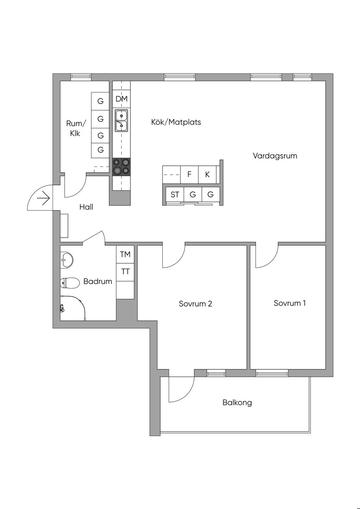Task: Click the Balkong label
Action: [x=237, y=402]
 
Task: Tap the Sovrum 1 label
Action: [x=290, y=303]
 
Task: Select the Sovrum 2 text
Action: [x=195, y=304]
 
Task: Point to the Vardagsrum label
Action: [x=275, y=156]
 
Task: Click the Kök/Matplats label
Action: [x=176, y=122]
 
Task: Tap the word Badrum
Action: [x=98, y=281]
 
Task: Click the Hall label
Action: [x=86, y=207]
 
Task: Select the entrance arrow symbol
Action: [x=44, y=199]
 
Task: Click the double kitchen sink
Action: [x=121, y=120]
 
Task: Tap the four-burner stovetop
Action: [x=121, y=167]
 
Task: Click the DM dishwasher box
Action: [x=121, y=99]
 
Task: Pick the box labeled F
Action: [x=189, y=174]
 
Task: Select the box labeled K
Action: [x=207, y=174]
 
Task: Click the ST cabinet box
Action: [x=175, y=194]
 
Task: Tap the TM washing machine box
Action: [x=125, y=254]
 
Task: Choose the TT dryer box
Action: [x=125, y=272]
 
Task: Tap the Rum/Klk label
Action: [x=76, y=128]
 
